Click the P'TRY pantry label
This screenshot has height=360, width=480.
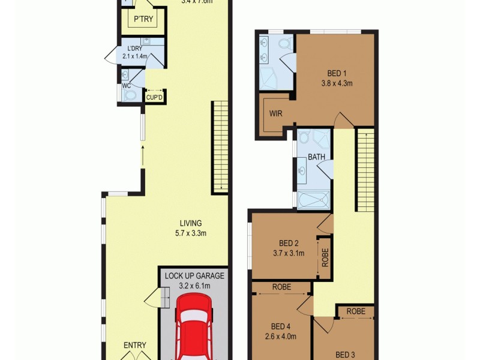[x=143, y=20]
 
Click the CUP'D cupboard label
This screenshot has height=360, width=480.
[x=155, y=97]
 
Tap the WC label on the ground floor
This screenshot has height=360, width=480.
[x=126, y=86]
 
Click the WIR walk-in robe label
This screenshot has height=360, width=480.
[x=275, y=113]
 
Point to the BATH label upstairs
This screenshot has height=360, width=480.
[x=316, y=158]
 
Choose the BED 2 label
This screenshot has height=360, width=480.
[x=289, y=243]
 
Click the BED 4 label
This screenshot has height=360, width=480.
[x=280, y=326]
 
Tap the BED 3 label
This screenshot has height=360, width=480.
[x=345, y=354]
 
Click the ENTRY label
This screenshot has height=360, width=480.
[x=134, y=345]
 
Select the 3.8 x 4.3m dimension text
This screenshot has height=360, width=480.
[x=336, y=83]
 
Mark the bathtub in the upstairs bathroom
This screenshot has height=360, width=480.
[x=313, y=200]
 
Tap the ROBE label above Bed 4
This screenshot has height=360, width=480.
[x=281, y=287]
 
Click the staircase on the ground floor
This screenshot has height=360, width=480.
[x=220, y=147]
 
